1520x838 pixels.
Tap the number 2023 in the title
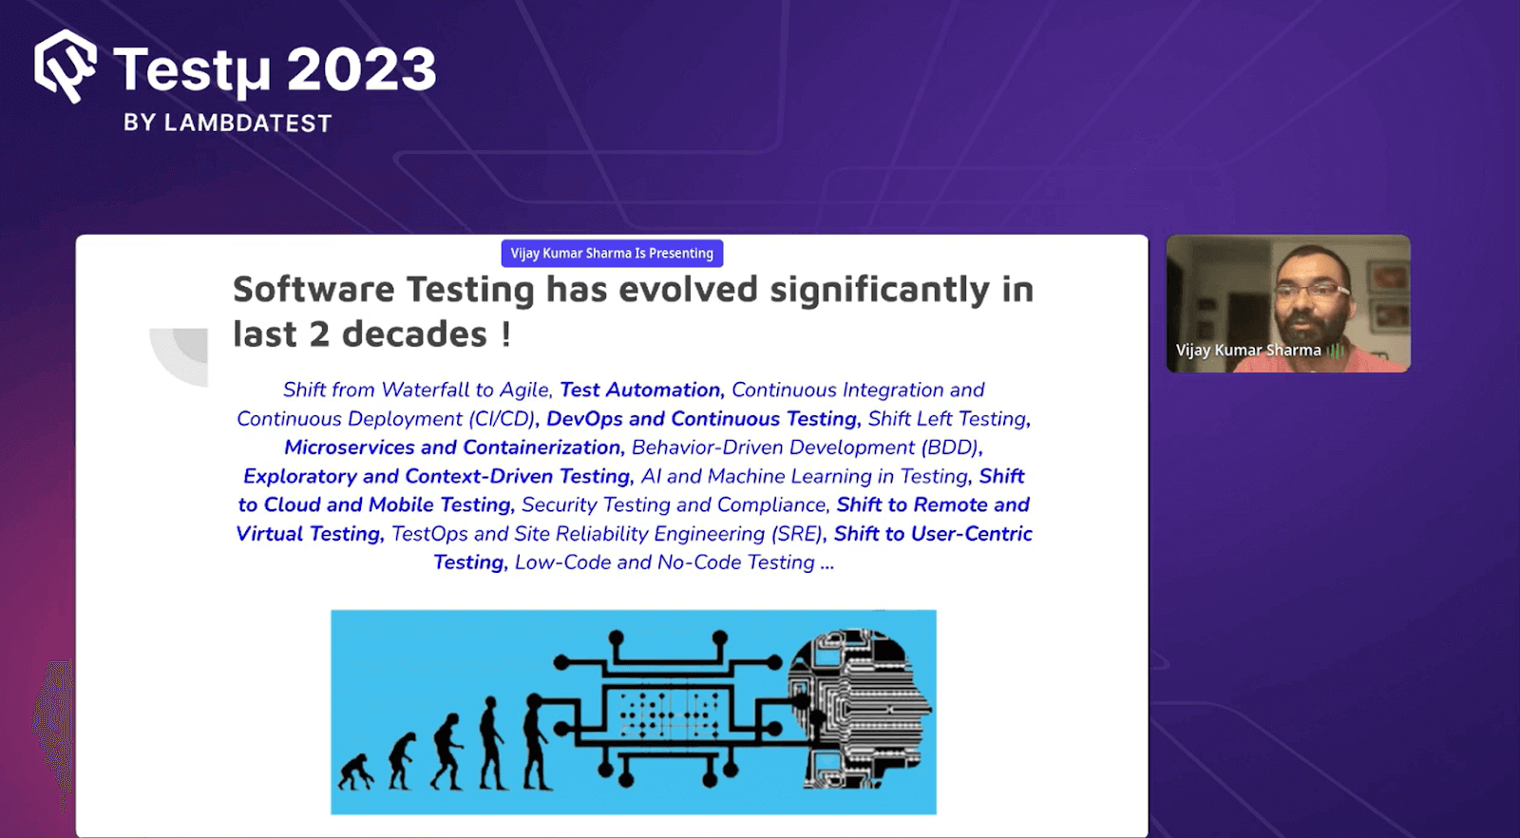pos(361,70)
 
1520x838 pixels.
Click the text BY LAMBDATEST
pos(228,124)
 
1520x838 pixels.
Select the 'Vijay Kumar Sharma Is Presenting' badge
pos(612,254)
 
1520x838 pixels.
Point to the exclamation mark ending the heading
pos(506,334)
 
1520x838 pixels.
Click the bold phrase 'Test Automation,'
pos(641,390)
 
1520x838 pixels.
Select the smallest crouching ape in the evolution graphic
pos(356,771)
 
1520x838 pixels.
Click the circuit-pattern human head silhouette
pos(860,708)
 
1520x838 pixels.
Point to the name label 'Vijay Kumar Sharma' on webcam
pos(1248,351)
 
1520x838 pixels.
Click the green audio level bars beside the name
pos(1337,352)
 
